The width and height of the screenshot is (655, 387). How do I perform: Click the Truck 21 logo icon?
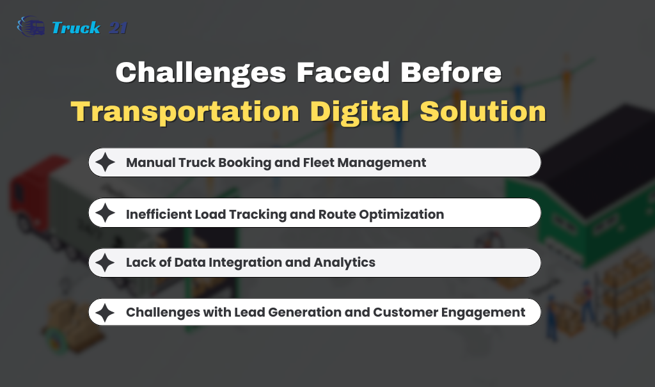pos(31,27)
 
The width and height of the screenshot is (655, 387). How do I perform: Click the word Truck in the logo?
pos(75,28)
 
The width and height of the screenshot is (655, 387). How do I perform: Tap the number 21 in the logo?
pos(118,28)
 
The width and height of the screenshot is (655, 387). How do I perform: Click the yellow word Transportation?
pos(185,111)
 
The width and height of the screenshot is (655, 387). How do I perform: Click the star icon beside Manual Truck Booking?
pos(105,162)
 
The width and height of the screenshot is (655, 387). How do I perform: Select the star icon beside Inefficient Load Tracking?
pos(105,213)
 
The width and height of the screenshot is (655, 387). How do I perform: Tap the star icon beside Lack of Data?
pos(105,263)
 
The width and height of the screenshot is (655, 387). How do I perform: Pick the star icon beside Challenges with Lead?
pos(105,312)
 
